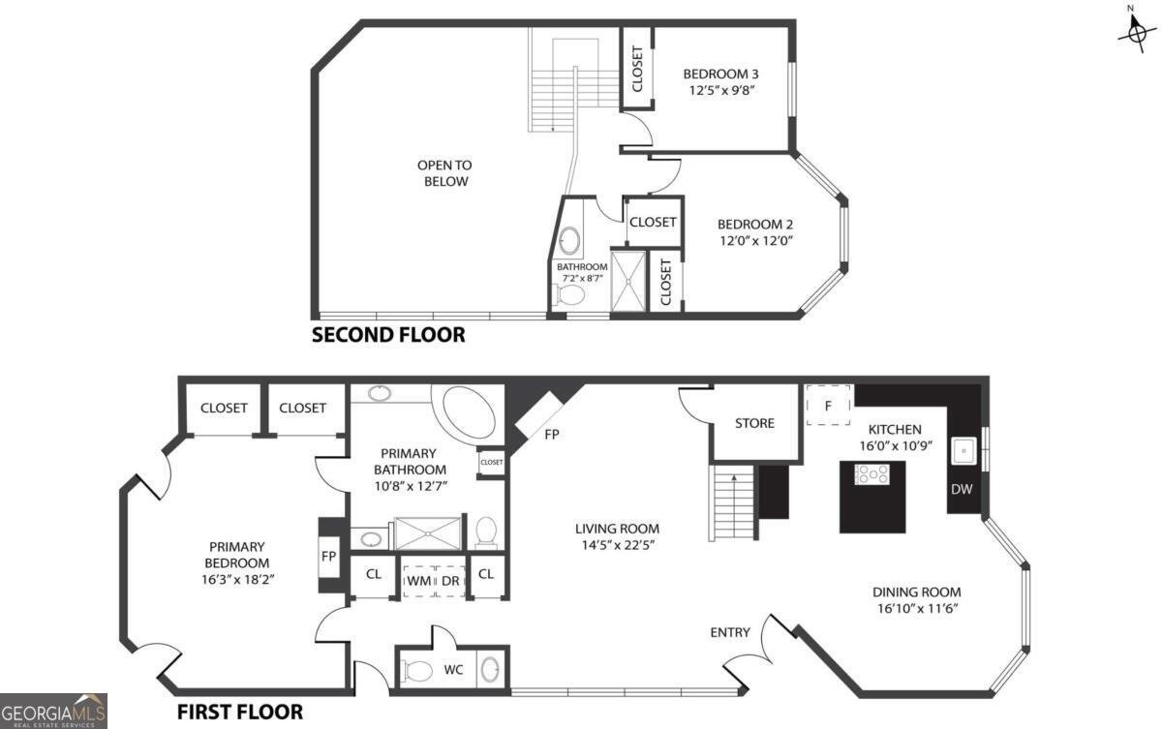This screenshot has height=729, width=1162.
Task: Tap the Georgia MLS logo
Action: (x=53, y=711)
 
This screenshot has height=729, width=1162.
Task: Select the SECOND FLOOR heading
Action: (x=387, y=335)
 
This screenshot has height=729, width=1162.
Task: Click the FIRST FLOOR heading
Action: (x=240, y=712)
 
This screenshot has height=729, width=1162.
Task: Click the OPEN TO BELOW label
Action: (x=443, y=173)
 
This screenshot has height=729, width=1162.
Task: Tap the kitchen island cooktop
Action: (x=871, y=473)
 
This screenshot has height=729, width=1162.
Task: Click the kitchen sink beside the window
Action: (x=965, y=451)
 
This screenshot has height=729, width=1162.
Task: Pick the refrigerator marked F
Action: (x=828, y=406)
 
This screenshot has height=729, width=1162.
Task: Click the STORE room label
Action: (x=754, y=423)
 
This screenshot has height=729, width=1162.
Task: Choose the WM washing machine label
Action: (x=418, y=580)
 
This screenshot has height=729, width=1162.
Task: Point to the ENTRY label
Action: (x=730, y=632)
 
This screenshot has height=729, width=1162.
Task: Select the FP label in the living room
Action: (x=552, y=435)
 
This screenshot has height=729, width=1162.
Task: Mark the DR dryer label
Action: (x=450, y=580)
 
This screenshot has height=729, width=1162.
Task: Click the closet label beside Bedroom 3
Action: (x=637, y=70)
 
